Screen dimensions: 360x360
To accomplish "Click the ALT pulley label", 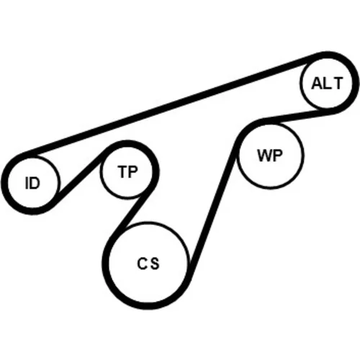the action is [x=327, y=84].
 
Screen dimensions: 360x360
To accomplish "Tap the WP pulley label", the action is [x=270, y=156].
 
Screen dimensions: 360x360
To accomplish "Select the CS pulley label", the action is [x=148, y=264].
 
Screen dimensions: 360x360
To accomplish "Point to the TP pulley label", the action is [x=128, y=172].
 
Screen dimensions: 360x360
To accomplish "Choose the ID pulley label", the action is [x=32, y=183].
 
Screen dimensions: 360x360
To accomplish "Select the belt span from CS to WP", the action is [x=212, y=207].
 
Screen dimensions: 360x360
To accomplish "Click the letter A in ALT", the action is [x=317, y=84].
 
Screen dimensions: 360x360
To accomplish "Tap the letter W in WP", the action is [x=264, y=156].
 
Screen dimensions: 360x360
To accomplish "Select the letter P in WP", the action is [x=278, y=156].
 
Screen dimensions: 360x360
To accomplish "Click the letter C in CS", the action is [x=142, y=264].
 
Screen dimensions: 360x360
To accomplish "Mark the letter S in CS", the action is [x=155, y=264].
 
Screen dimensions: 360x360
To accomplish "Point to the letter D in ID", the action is [x=35, y=183].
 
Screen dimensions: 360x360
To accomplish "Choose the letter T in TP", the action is [x=122, y=172].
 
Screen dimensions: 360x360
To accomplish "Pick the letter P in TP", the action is [x=133, y=172].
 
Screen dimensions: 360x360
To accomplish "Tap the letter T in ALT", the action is [x=338, y=84].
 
